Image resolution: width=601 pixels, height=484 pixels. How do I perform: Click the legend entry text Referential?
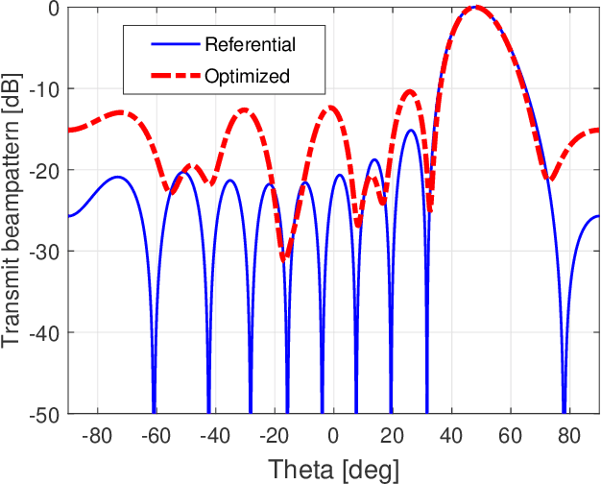click(x=250, y=44)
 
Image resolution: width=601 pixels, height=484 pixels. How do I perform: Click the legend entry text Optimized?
click(x=247, y=76)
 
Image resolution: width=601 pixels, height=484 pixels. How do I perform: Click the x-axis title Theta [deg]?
click(x=333, y=469)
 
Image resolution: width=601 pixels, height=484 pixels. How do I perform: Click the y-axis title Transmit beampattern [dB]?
click(x=12, y=210)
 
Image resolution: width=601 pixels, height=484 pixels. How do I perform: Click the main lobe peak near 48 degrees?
click(x=474, y=9)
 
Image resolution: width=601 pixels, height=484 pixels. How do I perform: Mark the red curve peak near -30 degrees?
click(x=246, y=109)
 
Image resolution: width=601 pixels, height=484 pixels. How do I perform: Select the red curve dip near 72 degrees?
click(x=548, y=179)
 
